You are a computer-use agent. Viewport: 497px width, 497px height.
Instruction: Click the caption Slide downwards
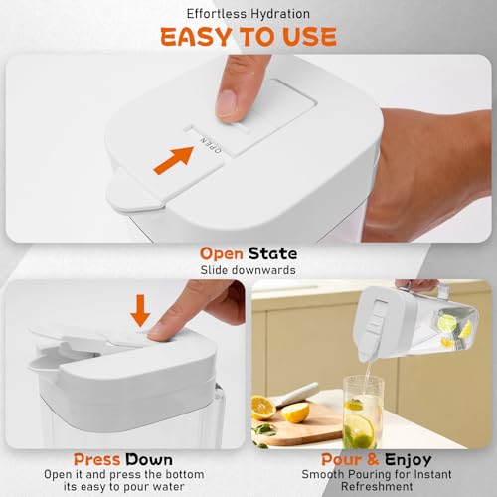[x=248, y=270]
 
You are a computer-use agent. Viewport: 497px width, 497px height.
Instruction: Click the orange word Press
[x=98, y=459]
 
